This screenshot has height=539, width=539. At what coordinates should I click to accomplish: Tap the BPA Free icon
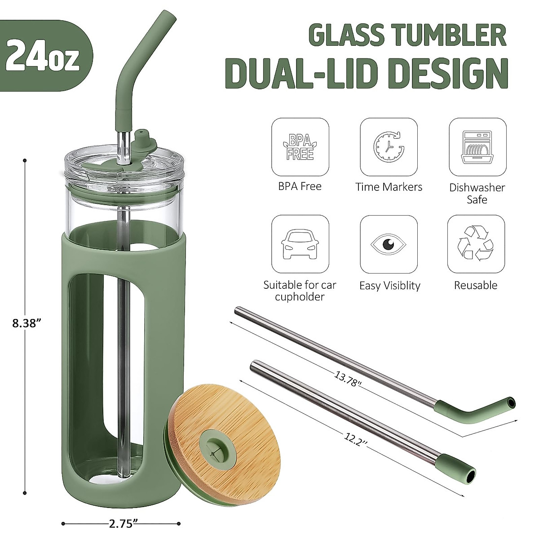[300, 147]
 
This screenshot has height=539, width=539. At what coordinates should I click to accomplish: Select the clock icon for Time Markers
[389, 147]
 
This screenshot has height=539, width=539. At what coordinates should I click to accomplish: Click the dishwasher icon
[477, 147]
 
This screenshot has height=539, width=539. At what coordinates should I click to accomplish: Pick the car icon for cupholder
[300, 245]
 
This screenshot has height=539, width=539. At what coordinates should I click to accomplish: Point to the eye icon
[389, 245]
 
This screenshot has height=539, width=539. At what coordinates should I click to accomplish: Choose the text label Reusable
[475, 285]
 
